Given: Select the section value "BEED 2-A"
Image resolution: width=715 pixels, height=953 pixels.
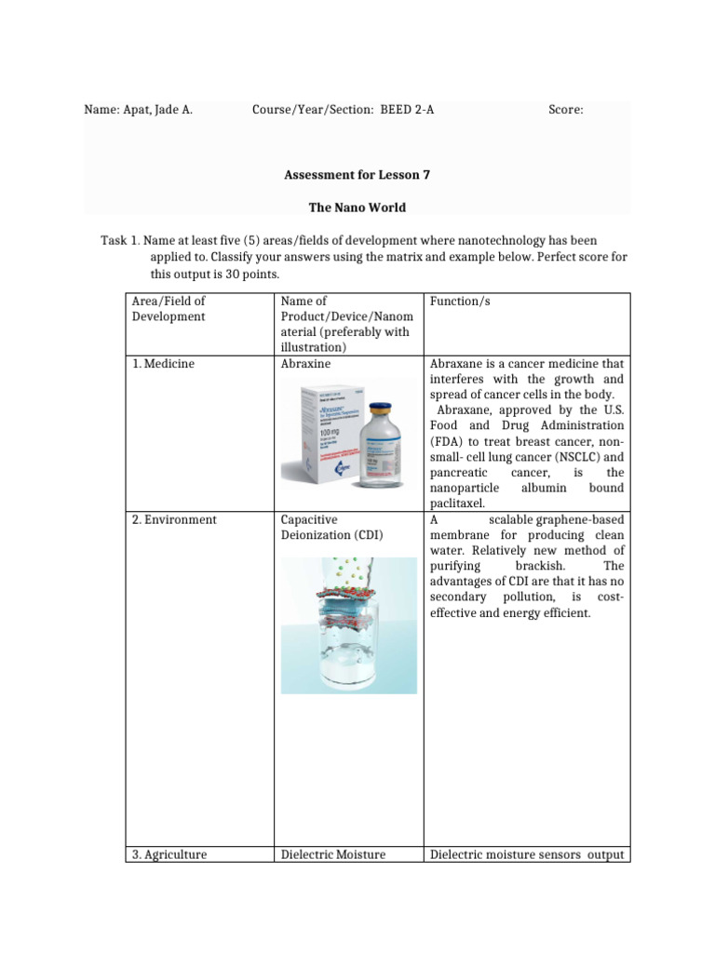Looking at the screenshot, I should (x=407, y=110).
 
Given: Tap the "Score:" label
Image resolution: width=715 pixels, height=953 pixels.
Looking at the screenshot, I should (x=565, y=110).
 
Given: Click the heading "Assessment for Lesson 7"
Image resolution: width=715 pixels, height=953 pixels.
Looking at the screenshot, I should (x=357, y=174).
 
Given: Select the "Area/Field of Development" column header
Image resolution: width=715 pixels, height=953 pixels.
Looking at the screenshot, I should (x=169, y=309).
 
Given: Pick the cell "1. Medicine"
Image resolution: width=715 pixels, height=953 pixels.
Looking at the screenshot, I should (x=163, y=364).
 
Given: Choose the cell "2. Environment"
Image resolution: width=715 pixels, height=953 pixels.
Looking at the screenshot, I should (x=174, y=519).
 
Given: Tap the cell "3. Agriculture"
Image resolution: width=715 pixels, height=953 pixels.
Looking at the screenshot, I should (x=169, y=854).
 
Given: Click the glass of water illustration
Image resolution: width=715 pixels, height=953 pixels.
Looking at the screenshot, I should (x=349, y=642).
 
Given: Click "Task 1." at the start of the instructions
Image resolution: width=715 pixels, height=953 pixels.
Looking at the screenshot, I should (x=118, y=241).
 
